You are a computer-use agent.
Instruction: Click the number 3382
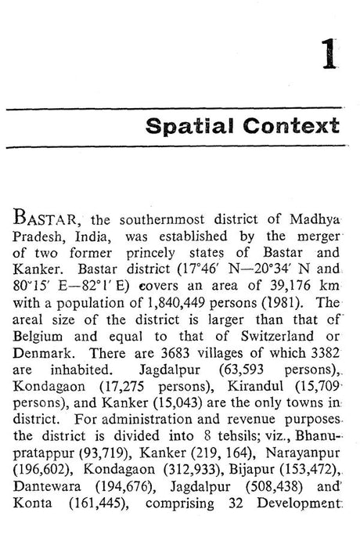tap(321, 344)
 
